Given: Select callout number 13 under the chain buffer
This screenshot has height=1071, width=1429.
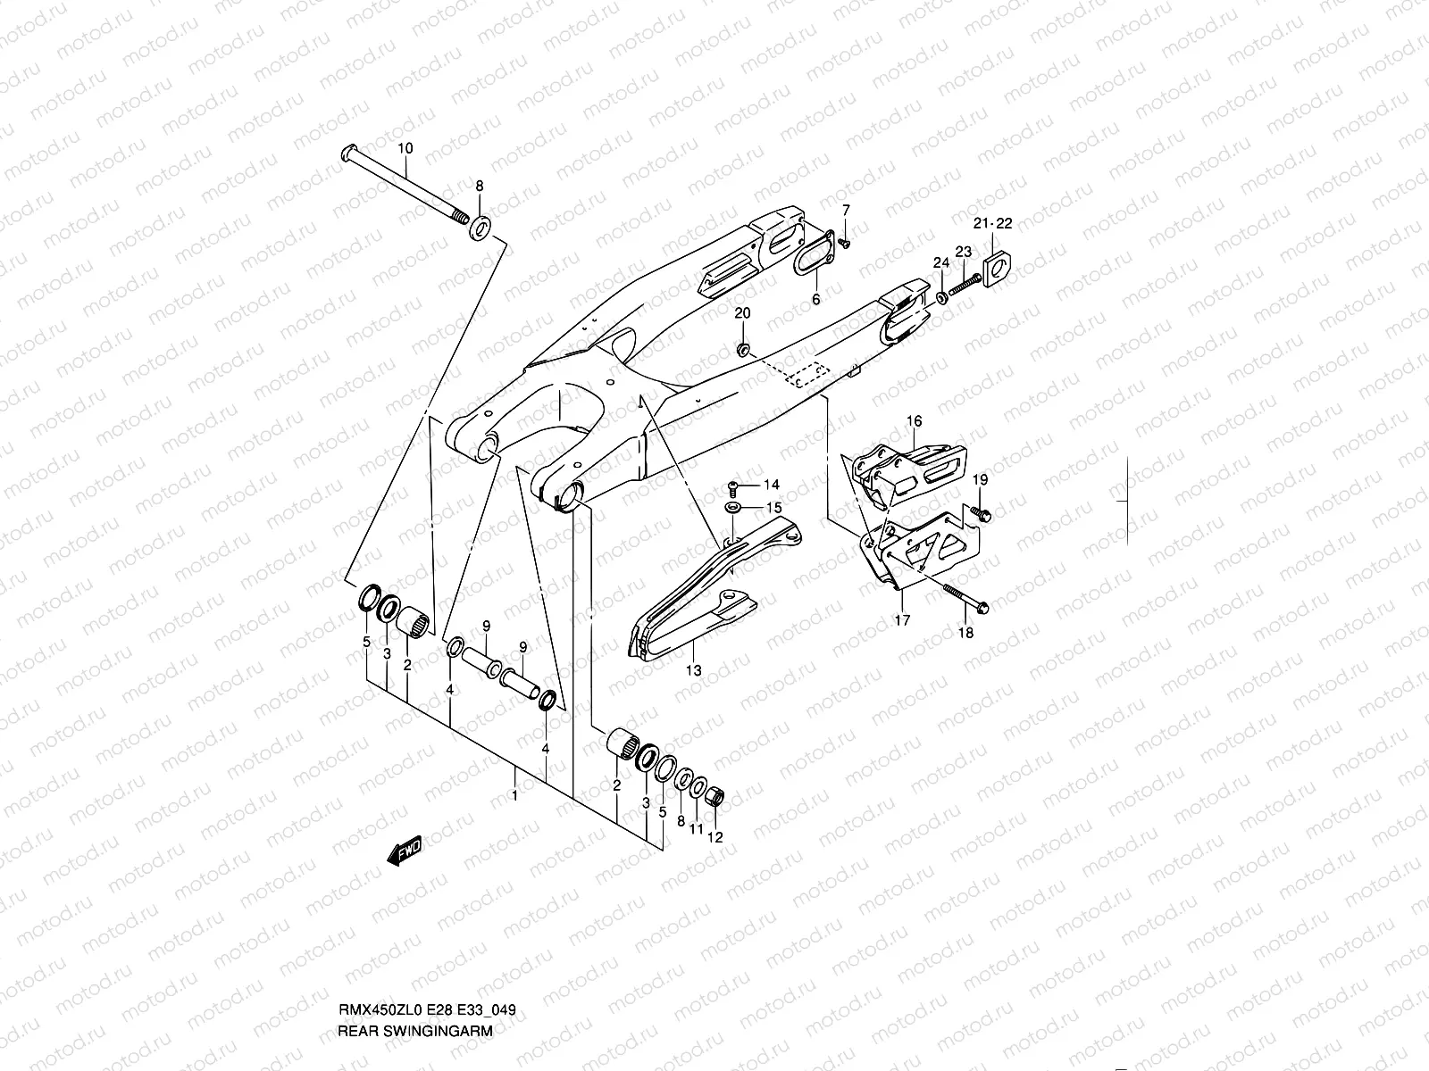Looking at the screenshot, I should [693, 669].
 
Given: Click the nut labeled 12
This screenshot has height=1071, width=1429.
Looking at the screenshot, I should [715, 796].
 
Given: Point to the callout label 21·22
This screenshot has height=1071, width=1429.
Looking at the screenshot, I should [993, 223].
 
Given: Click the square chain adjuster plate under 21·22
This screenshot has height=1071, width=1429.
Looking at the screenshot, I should [998, 268].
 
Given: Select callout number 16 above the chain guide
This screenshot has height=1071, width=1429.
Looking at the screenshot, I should [914, 421].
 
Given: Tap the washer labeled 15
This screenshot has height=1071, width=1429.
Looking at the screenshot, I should [732, 508].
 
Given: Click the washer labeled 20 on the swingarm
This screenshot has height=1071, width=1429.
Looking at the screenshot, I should [743, 345].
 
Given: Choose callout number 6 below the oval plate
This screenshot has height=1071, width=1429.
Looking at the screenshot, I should [815, 300].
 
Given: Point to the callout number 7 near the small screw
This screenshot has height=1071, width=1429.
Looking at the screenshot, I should [846, 210].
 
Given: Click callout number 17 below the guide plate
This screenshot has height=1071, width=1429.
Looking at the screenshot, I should [902, 619].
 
